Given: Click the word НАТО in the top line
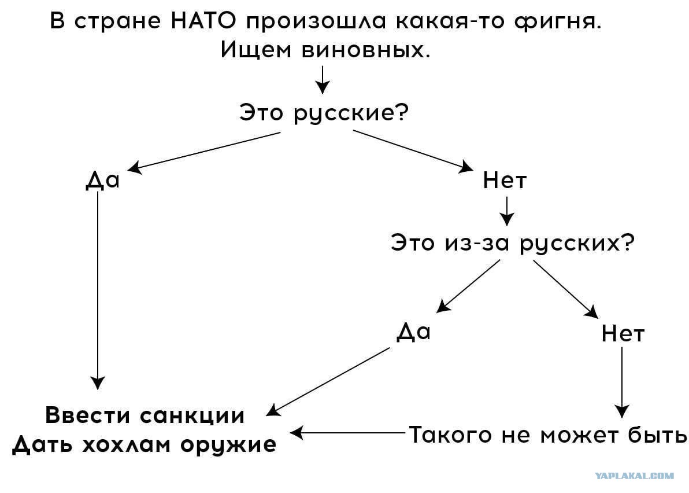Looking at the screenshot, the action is [x=203, y=21].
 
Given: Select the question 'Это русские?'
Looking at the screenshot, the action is [x=324, y=113].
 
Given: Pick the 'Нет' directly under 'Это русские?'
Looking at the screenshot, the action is [x=505, y=180].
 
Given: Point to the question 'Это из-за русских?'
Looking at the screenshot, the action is [x=513, y=243].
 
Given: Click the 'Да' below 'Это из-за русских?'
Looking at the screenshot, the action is [x=413, y=332].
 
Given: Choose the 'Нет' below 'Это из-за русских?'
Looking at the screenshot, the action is [x=623, y=333].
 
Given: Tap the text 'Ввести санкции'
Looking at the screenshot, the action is [x=145, y=415].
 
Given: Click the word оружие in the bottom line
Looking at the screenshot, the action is [x=228, y=445].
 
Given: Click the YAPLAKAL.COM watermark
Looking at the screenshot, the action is [x=634, y=476].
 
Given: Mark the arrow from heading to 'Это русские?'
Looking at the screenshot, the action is [x=323, y=80].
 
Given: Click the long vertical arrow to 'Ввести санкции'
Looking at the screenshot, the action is [x=98, y=291].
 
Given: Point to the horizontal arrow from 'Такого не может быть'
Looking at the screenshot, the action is [x=347, y=433].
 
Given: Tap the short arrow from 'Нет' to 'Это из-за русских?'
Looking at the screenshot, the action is [x=507, y=211].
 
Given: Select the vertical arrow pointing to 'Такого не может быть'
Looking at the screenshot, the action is [x=622, y=382].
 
